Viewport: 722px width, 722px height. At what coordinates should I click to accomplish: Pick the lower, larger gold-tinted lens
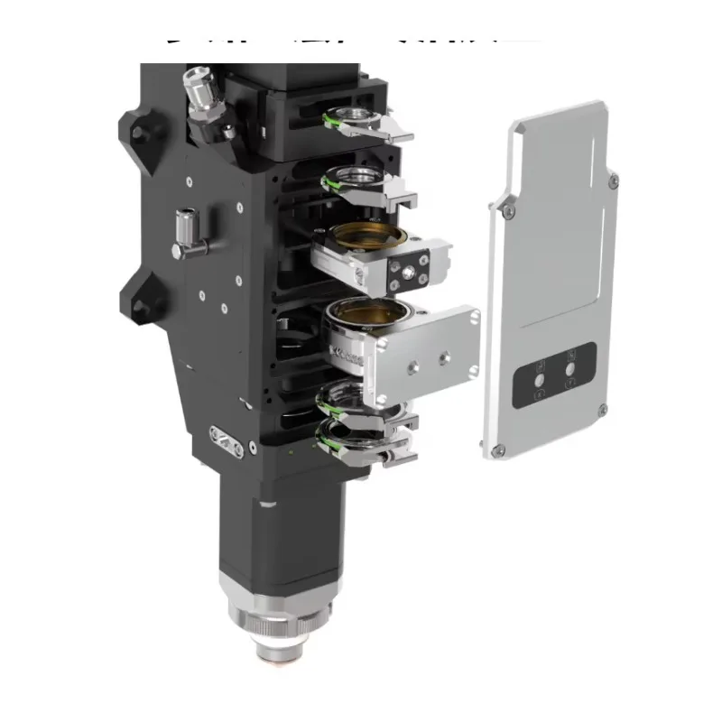pos(370,316)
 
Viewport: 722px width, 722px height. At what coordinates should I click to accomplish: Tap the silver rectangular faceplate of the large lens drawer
pos(424,352)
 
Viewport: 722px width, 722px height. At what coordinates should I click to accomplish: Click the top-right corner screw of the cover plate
pos(614,182)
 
